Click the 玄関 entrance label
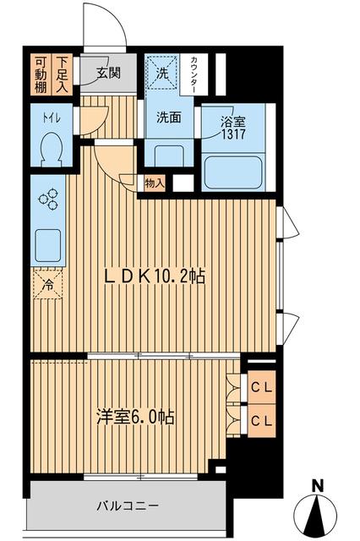tap(107, 73)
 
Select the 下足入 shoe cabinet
tap(63, 73)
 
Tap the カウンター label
tap(195, 74)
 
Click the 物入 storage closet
tap(155, 182)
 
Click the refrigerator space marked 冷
tap(47, 285)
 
